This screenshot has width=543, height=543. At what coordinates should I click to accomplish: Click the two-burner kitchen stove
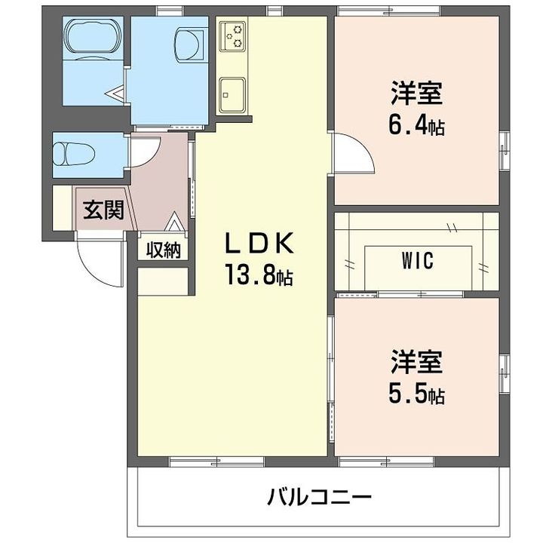[x=235, y=35]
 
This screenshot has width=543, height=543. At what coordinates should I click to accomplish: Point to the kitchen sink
[x=233, y=92]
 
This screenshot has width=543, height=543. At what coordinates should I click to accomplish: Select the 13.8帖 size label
[x=257, y=275]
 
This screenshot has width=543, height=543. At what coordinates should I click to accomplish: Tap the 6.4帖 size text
[x=416, y=126]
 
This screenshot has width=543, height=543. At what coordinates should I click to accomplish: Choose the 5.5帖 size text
[x=416, y=393]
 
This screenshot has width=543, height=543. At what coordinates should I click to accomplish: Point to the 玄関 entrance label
[x=102, y=210]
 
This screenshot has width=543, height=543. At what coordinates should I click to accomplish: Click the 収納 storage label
[x=164, y=250]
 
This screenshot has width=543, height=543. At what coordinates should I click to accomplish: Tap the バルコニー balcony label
[x=319, y=497]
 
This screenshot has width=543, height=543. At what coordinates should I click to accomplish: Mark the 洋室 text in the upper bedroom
[x=416, y=95]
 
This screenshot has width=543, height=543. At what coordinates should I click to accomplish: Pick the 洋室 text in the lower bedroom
[x=416, y=362]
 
